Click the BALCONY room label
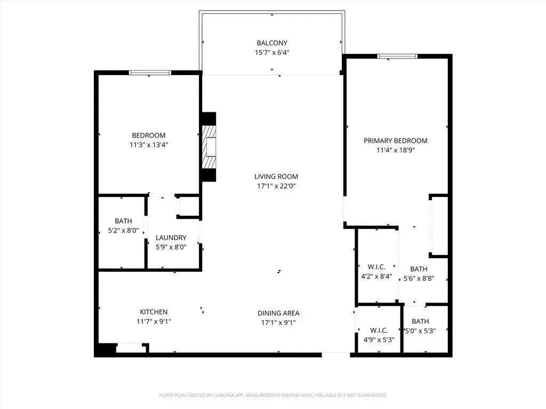click(272, 43)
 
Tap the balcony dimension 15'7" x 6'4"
click(272, 53)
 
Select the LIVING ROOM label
click(276, 177)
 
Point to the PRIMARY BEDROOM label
click(396, 141)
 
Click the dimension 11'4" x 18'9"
click(396, 150)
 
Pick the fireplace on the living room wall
click(209, 147)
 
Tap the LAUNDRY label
click(171, 238)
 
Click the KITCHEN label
click(154, 312)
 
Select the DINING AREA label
click(278, 313)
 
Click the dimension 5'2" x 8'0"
click(123, 231)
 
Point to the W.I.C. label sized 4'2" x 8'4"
click(376, 267)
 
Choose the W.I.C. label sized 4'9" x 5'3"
click(379, 330)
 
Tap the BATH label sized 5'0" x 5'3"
click(420, 322)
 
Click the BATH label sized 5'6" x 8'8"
click(419, 269)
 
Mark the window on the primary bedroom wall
click(397, 56)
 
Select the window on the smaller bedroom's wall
click(150, 72)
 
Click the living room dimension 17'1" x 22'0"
click(276, 186)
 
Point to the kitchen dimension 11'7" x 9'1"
click(154, 322)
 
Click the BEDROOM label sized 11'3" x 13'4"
click(149, 136)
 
